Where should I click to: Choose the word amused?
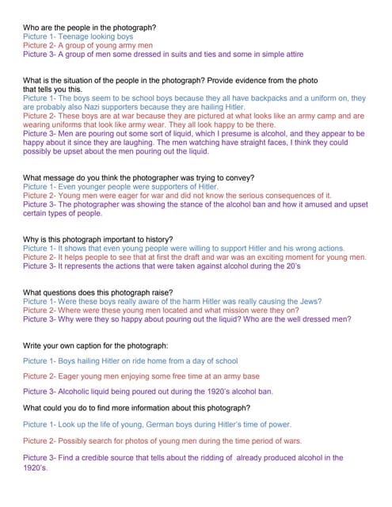(307, 204)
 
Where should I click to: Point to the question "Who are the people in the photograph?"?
(90, 28)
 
